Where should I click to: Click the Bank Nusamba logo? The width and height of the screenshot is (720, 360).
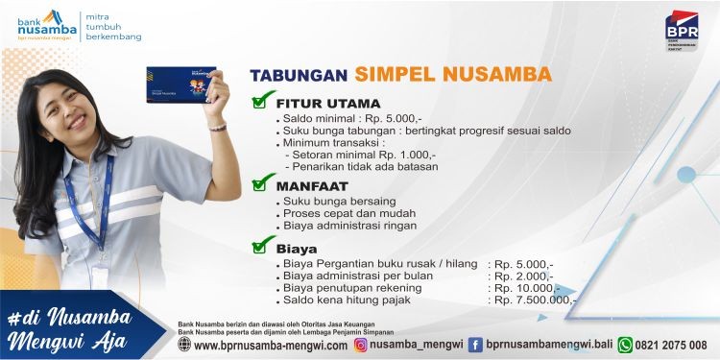46,26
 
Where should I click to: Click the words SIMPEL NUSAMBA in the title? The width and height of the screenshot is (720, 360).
452,74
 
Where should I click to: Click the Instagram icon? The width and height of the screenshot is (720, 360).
361,345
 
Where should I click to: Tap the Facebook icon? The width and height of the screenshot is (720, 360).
475,345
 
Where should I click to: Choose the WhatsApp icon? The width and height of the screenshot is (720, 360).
625,345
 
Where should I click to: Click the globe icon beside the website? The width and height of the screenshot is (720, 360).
183,345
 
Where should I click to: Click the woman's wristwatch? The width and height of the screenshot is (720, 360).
218,127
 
